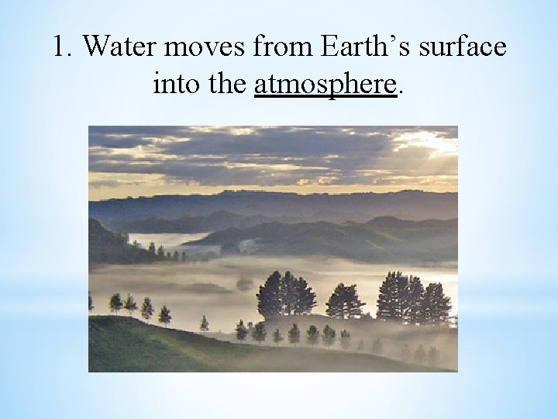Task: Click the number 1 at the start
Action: pos(61,47)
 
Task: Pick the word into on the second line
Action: pos(175,82)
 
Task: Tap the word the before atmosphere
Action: pos(228,82)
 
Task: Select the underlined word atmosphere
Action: pos(325,82)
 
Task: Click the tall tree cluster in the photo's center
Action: pos(286,295)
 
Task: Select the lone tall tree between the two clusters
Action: pos(345,301)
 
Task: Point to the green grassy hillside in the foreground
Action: pos(155,349)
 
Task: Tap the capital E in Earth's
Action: pos(328,47)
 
